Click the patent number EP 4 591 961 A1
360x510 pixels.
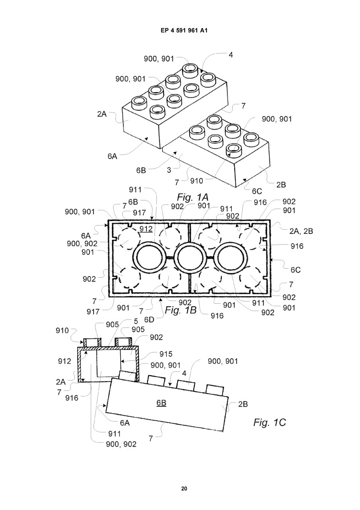click(x=184, y=30)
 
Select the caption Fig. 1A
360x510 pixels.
click(x=192, y=197)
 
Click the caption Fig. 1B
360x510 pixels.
click(x=180, y=310)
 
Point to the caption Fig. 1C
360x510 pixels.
click(x=270, y=422)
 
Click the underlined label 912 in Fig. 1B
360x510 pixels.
click(x=146, y=229)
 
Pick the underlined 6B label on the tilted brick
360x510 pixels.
click(x=161, y=403)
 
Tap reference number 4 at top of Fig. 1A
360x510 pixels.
click(x=231, y=55)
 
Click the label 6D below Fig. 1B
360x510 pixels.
click(x=149, y=320)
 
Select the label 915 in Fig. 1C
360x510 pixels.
click(x=166, y=354)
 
